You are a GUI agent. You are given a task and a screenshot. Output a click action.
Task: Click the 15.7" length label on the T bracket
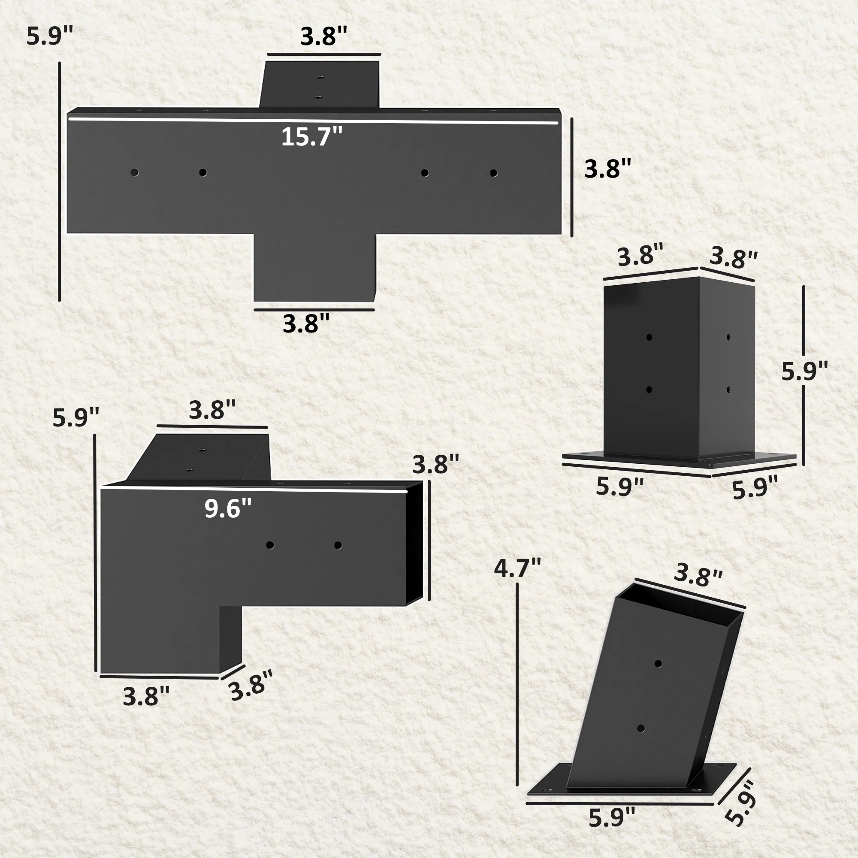(x=312, y=136)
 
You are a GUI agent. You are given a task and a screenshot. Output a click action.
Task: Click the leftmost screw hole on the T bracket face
(x=134, y=172)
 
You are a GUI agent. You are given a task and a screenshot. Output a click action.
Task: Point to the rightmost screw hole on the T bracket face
(x=493, y=173)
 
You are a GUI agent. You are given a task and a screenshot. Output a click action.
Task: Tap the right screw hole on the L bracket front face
(x=338, y=545)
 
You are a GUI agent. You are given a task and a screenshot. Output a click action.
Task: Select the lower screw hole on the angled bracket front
(x=641, y=729)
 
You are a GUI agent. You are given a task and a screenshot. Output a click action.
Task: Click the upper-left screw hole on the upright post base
(x=649, y=338)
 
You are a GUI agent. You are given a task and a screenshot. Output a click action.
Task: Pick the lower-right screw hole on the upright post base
(x=729, y=390)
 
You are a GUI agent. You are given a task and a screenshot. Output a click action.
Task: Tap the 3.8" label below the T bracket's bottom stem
(x=306, y=323)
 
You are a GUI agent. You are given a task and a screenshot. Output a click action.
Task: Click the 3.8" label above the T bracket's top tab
(x=323, y=36)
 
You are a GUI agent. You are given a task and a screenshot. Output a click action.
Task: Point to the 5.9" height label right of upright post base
(x=805, y=371)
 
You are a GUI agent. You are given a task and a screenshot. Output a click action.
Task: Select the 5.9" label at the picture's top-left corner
(x=49, y=36)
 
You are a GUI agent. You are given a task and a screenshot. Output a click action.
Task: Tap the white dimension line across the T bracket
(x=313, y=121)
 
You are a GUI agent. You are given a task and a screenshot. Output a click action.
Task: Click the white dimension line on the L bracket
(x=254, y=490)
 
